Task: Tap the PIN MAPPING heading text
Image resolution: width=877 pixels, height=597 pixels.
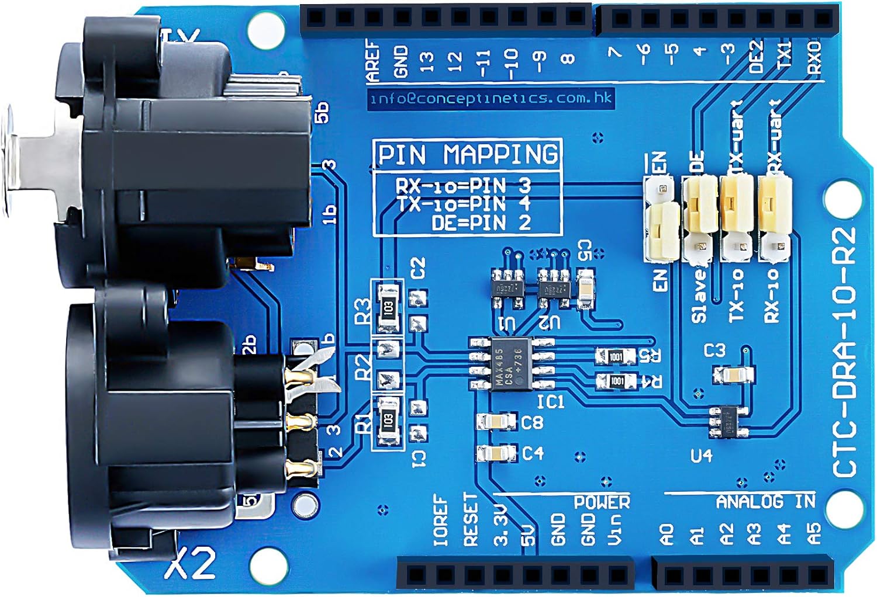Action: [468, 155]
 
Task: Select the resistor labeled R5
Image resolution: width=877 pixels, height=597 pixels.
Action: [615, 356]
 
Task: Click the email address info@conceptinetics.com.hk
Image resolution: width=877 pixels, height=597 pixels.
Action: [490, 98]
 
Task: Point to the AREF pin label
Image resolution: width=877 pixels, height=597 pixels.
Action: [373, 60]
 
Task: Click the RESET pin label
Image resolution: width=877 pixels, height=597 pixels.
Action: [471, 520]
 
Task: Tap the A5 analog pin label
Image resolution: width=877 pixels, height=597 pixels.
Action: [813, 533]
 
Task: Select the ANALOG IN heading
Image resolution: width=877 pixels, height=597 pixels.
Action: [765, 501]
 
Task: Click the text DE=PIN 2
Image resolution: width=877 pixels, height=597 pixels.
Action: [481, 223]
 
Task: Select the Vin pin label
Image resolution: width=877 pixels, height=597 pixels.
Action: [616, 529]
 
